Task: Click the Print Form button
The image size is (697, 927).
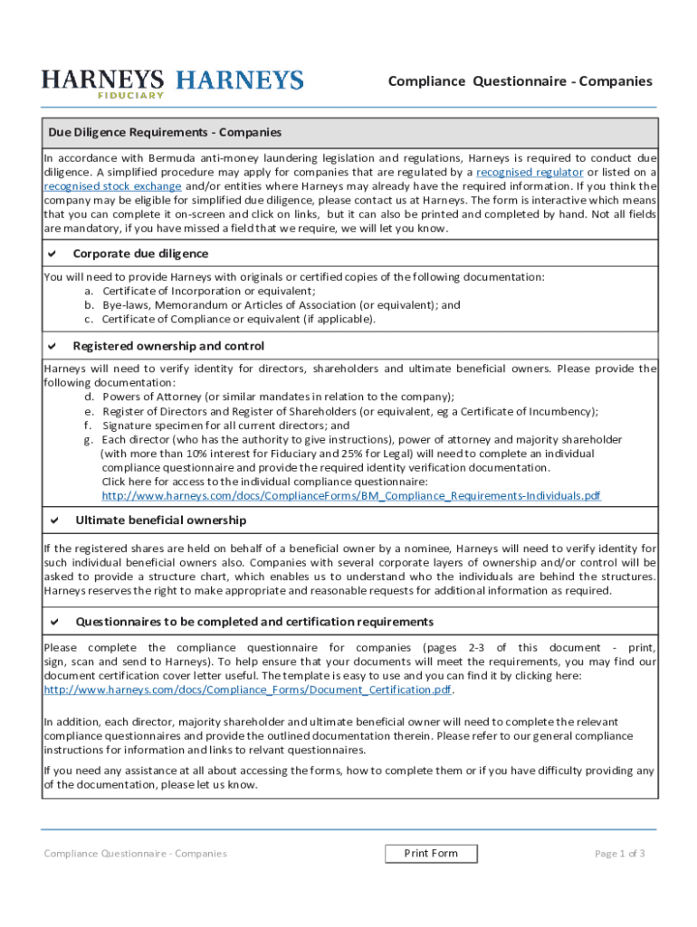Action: coord(431,854)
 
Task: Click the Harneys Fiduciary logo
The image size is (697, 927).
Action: coord(103,83)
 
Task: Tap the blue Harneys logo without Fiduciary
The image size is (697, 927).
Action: coord(240,81)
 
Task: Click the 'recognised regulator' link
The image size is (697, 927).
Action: coord(530,172)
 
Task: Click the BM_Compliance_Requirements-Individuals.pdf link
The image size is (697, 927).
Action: coord(350,496)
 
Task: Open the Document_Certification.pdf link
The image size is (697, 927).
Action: coord(247,690)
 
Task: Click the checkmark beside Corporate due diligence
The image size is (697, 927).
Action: coord(53,254)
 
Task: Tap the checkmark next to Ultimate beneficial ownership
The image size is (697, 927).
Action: coord(54,521)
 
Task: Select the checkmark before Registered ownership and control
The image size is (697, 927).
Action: coord(53,347)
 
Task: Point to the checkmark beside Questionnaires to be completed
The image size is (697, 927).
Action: coord(54,622)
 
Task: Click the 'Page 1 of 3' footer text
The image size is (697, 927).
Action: coord(619,854)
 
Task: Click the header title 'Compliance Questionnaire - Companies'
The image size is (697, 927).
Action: coord(520,81)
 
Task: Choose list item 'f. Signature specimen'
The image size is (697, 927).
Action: coord(217,425)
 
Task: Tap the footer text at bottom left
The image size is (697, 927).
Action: coord(135,854)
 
